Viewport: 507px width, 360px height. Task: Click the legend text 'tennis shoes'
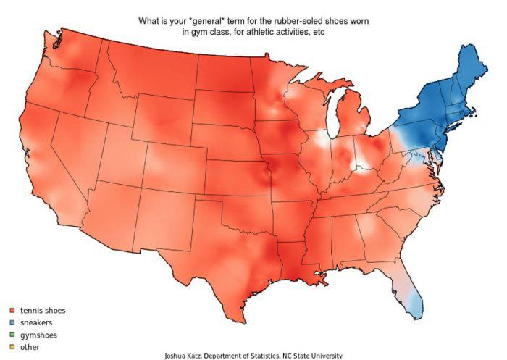point(43,311)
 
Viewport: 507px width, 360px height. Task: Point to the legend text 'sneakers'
point(36,322)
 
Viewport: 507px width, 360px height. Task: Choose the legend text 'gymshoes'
point(38,335)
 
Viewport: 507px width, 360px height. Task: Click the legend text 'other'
point(30,347)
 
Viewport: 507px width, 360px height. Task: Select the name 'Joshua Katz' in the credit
point(185,356)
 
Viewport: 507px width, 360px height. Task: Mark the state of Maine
point(466,69)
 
